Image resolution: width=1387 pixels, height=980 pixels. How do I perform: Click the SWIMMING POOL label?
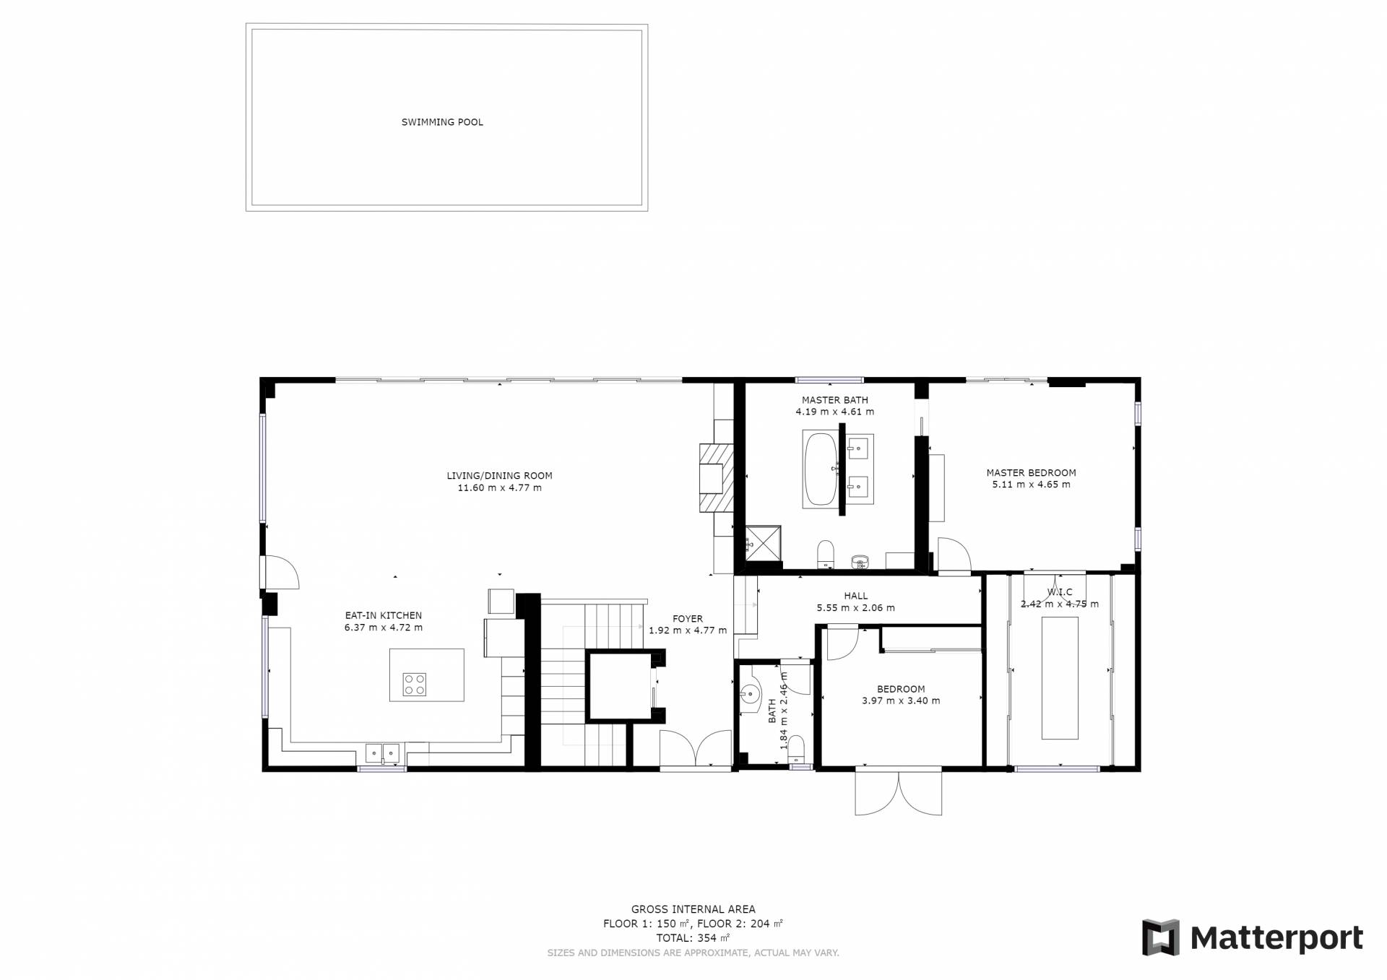tap(442, 122)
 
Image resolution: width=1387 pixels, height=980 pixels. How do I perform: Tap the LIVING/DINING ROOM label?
tap(499, 476)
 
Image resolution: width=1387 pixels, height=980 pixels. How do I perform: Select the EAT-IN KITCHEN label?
tap(383, 616)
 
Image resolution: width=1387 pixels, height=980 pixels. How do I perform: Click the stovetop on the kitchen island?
tap(415, 684)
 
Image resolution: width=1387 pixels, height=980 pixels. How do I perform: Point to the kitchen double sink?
tap(383, 753)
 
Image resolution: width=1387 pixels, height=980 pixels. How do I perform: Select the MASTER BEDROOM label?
tap(1031, 473)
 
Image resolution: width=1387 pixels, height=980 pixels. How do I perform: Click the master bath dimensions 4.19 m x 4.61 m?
tap(835, 412)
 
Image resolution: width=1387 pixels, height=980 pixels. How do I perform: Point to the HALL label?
tap(856, 596)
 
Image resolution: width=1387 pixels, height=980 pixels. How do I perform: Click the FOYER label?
tap(688, 619)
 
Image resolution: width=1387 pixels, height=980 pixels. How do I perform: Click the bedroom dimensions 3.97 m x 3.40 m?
tap(901, 701)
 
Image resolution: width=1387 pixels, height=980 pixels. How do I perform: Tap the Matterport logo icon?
tap(1160, 938)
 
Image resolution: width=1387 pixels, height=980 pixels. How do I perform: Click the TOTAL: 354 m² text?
tap(693, 938)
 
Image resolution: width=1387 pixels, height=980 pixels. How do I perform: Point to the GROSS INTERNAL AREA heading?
tap(693, 910)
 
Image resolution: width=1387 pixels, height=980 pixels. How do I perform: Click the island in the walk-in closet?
tap(1060, 678)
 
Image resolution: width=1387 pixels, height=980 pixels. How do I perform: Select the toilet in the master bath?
tap(826, 555)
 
